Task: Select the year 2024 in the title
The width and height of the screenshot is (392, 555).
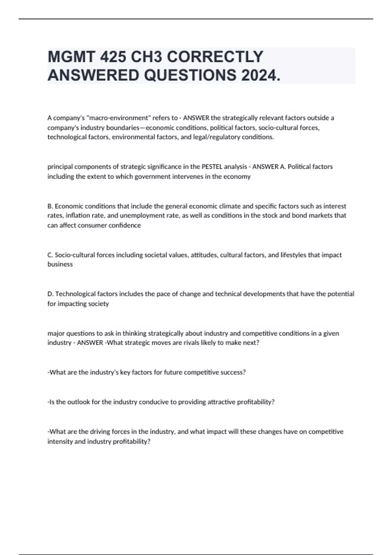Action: pyautogui.click(x=260, y=75)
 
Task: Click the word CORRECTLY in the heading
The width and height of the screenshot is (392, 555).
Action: pyautogui.click(x=198, y=57)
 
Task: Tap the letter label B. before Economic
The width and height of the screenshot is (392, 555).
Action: pyautogui.click(x=50, y=206)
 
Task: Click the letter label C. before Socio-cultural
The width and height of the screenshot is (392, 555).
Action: pyautogui.click(x=50, y=255)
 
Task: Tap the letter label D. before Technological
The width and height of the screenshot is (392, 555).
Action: pyautogui.click(x=51, y=294)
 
